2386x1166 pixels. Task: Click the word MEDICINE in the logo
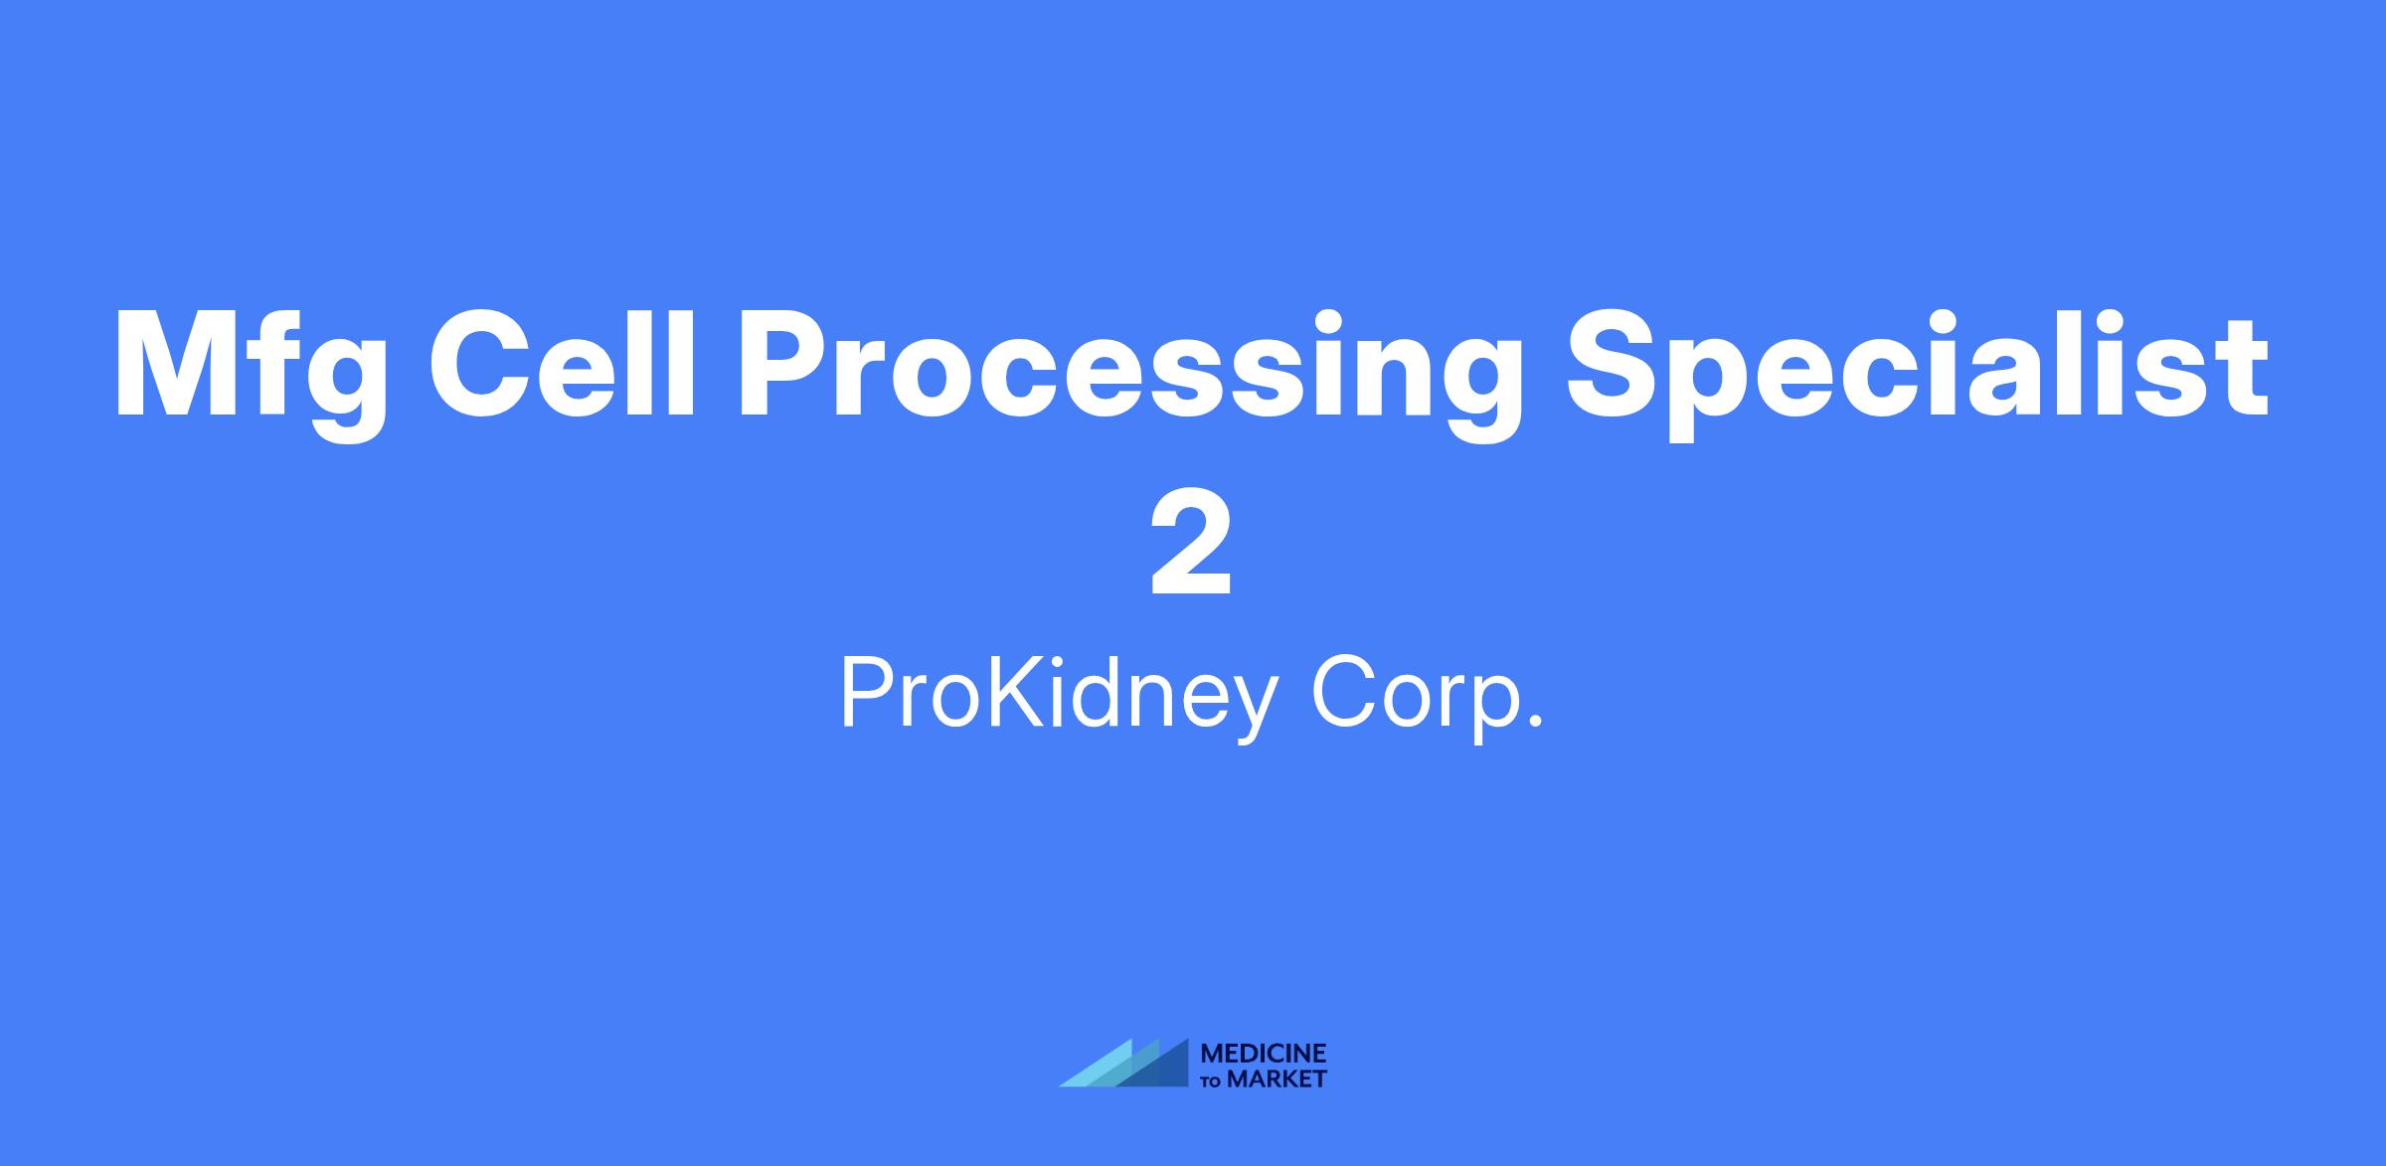(1264, 1054)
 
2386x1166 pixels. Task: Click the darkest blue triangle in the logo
(1153, 1063)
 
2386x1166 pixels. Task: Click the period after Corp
(1536, 721)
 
